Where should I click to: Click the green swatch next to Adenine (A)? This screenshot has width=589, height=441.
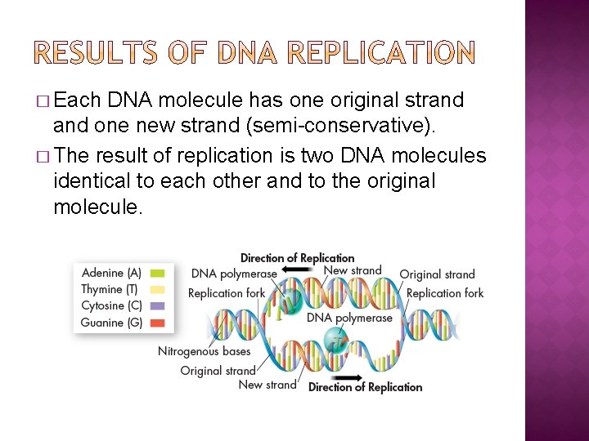[157, 274]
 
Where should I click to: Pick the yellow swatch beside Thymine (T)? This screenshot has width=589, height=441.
[157, 290]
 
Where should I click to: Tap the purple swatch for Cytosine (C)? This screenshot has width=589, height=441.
[157, 306]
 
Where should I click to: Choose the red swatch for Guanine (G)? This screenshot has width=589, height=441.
[157, 323]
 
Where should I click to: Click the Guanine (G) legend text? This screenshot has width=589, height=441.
[111, 323]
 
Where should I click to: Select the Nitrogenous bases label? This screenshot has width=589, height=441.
[204, 351]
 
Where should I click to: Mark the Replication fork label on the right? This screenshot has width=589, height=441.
[444, 293]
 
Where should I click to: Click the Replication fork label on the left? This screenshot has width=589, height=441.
[227, 293]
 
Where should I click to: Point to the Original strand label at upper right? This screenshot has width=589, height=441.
[437, 274]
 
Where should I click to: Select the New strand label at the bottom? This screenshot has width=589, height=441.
[268, 385]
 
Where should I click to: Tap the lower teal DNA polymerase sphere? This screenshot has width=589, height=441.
[336, 340]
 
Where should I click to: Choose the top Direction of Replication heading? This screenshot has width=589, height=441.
[297, 258]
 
